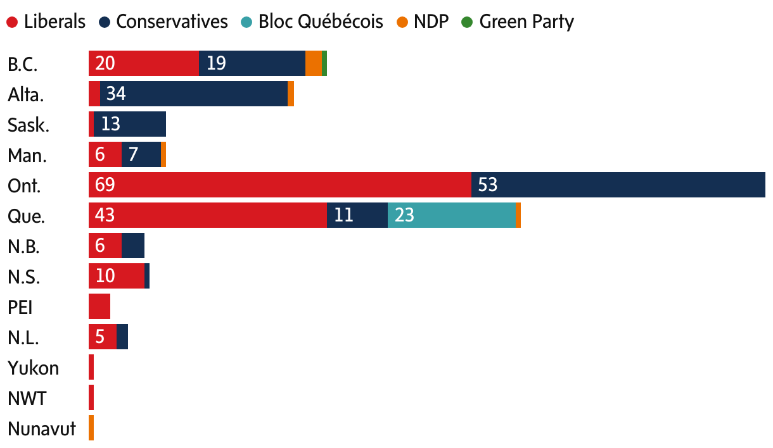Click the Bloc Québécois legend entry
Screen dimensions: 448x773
tap(312, 22)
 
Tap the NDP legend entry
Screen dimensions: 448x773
tap(424, 22)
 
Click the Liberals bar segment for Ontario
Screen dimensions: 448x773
tap(279, 185)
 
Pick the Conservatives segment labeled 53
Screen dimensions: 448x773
tap(618, 185)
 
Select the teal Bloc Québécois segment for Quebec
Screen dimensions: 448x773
tap(451, 215)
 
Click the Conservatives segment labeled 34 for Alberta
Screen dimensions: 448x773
tap(193, 94)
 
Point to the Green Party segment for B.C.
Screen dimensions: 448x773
tap(324, 63)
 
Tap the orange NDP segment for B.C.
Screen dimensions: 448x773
tap(313, 63)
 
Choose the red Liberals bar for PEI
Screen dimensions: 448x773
tap(99, 306)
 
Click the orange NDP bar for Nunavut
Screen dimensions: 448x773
tap(91, 428)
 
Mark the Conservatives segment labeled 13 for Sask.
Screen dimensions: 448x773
tap(129, 124)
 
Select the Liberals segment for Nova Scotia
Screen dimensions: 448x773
tap(116, 276)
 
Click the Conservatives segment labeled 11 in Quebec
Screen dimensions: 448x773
tap(357, 215)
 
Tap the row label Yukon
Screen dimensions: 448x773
tap(33, 368)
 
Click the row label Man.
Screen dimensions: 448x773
tap(27, 156)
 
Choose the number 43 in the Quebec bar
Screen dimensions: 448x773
tap(105, 215)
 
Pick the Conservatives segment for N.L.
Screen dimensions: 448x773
tap(122, 337)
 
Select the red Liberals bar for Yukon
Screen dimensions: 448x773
tap(91, 367)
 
